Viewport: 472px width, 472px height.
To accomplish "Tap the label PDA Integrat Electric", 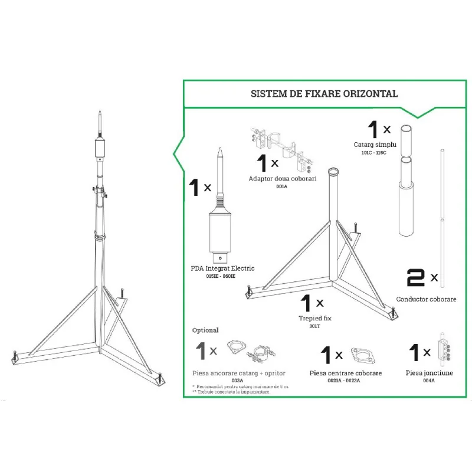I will (222, 269).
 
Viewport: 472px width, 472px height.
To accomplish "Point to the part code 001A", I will (281, 186).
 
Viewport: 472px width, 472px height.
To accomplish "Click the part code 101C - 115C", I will (373, 153).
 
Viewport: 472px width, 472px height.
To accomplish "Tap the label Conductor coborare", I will (426, 299).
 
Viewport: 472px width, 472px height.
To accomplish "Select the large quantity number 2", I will (416, 277).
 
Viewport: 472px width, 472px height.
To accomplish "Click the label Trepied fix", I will (314, 319).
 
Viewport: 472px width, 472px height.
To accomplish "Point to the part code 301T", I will (314, 326).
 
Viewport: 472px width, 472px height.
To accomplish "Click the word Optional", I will (205, 330).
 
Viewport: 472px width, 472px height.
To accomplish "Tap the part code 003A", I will (238, 381).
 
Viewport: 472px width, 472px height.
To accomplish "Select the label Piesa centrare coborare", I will (345, 373).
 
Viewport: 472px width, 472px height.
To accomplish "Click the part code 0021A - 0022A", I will (345, 381).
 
